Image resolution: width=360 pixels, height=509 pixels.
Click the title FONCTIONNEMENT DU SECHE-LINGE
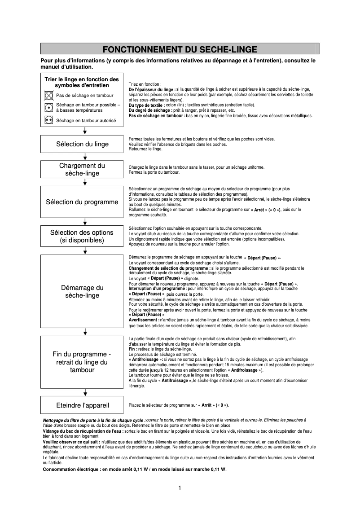pyautogui.click(x=180, y=49)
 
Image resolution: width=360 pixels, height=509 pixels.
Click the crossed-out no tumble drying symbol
pyautogui.click(x=48, y=95)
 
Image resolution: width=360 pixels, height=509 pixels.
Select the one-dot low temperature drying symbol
pyautogui.click(x=48, y=107)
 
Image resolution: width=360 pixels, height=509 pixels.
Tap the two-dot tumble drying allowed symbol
pyautogui.click(x=48, y=120)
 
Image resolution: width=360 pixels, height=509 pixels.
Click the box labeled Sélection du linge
pyautogui.click(x=82, y=144)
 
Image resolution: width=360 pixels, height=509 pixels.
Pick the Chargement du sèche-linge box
pyautogui.click(x=82, y=170)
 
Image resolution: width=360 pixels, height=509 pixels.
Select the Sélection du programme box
pyautogui.click(x=82, y=202)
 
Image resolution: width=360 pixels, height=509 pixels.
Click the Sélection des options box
pyautogui.click(x=82, y=236)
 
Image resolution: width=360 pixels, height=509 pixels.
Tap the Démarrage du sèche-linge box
pyautogui.click(x=82, y=291)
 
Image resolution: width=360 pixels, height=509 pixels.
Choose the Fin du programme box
pyautogui.click(x=82, y=362)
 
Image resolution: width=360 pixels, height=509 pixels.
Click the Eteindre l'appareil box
pyautogui.click(x=82, y=405)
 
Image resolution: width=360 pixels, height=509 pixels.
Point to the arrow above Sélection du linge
pyautogui.click(x=85, y=131)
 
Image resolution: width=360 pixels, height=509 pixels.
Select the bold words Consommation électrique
pyautogui.click(x=68, y=469)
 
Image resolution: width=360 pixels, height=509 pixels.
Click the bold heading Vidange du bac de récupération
pyautogui.click(x=77, y=430)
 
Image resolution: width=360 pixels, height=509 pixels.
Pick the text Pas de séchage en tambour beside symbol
pyautogui.click(x=84, y=96)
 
